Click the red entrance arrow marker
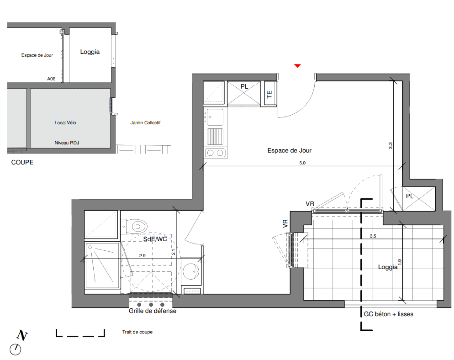tap(297, 66)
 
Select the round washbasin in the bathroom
tap(191, 271)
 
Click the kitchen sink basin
tap(215, 117)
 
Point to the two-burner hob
tap(215, 153)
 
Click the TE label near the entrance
tap(269, 94)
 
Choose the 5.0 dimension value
tap(302, 163)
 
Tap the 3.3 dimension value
tap(390, 146)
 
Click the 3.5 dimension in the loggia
tap(373, 236)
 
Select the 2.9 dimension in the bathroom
tap(142, 256)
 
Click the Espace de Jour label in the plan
tap(289, 150)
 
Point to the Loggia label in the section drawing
tap(90, 52)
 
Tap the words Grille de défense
tap(152, 311)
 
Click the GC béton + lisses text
tap(388, 314)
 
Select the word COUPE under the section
tap(22, 162)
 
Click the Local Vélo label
tap(65, 123)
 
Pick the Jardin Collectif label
tap(145, 123)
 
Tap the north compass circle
tap(15, 349)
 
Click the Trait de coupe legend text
tap(137, 332)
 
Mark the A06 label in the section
tap(51, 79)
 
